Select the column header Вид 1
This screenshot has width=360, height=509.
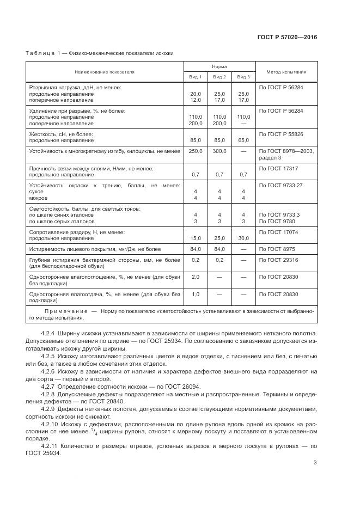pyautogui.click(x=196, y=77)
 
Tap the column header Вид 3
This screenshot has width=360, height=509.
pyautogui.click(x=243, y=77)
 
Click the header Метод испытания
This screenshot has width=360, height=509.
pyautogui.click(x=286, y=72)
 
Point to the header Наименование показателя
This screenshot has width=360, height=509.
pyautogui.click(x=105, y=72)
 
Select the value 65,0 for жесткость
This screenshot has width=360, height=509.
pyautogui.click(x=243, y=140)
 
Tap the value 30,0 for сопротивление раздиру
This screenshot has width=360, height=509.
pyautogui.click(x=243, y=238)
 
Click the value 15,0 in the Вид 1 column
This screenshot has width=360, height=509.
pyautogui.click(x=196, y=238)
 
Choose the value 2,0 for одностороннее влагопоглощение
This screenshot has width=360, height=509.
pyautogui.click(x=196, y=277)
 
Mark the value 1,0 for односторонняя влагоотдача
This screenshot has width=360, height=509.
pyautogui.click(x=196, y=294)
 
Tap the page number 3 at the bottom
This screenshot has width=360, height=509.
pyautogui.click(x=315, y=463)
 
